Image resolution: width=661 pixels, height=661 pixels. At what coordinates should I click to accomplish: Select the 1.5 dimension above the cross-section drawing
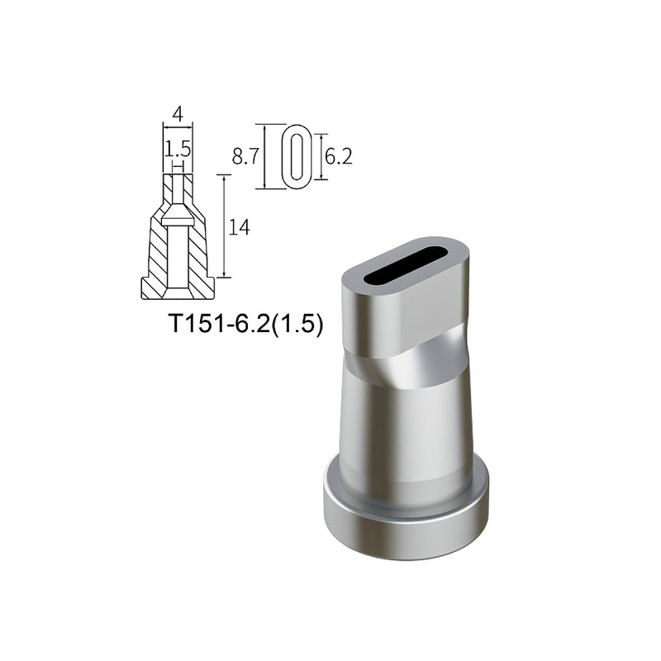(x=178, y=149)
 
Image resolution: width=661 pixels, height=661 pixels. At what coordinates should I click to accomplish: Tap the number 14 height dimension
(x=239, y=227)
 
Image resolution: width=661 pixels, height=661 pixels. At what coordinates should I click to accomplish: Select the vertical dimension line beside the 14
(x=224, y=226)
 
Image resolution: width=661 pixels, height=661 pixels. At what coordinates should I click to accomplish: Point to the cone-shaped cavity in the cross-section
(x=178, y=220)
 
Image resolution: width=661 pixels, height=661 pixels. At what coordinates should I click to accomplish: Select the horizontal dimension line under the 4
(x=178, y=126)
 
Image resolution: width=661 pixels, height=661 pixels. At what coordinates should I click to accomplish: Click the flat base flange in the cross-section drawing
(x=178, y=288)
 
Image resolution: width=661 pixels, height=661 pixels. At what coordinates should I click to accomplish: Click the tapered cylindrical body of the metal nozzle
(x=405, y=430)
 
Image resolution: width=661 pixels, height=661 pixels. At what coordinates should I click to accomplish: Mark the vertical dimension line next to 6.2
(x=321, y=157)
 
